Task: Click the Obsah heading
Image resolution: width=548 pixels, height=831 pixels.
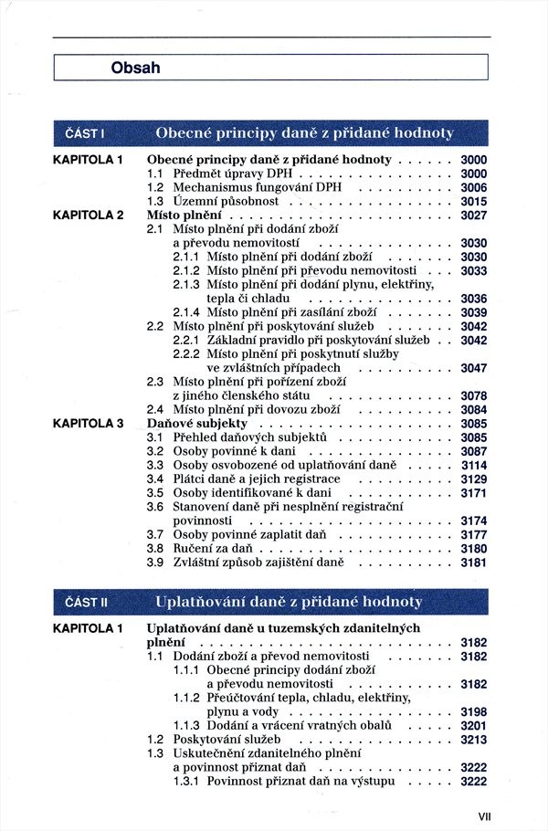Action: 135,67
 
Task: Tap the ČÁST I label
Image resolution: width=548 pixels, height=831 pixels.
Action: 86,133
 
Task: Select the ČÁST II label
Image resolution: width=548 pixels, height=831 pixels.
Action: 88,602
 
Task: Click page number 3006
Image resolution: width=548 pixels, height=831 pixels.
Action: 473,187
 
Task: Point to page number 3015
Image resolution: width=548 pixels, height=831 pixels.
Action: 473,201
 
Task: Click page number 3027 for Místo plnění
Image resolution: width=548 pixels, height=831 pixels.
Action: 473,216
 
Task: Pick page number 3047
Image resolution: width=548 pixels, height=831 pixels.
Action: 473,368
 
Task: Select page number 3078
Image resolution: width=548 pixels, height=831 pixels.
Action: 473,395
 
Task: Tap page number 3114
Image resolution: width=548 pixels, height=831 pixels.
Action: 473,465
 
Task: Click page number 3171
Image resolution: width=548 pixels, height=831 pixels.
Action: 473,492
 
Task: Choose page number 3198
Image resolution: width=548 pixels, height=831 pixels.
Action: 473,711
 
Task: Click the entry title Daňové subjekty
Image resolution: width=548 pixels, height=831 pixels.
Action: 196,424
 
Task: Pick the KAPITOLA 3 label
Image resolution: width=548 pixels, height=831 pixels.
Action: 88,424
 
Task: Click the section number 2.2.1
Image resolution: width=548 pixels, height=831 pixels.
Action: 186,340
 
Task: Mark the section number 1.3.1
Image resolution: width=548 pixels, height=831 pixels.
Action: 186,781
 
